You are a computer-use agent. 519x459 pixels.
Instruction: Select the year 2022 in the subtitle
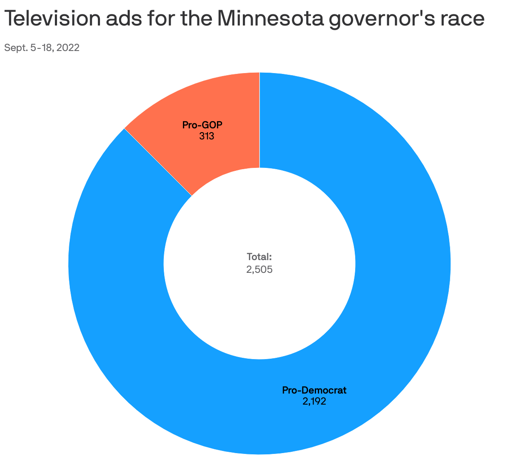pos(68,48)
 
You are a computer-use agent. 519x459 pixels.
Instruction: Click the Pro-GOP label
pos(202,125)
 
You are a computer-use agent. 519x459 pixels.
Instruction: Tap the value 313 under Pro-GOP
pos(206,136)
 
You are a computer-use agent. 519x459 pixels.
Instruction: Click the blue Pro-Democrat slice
pos(383,255)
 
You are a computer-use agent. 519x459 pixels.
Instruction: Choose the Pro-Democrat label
pos(314,390)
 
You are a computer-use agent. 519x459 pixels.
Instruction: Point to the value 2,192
pos(314,401)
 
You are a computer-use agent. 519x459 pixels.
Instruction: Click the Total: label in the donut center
pos(259,257)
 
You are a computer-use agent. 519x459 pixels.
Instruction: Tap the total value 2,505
pos(259,269)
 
